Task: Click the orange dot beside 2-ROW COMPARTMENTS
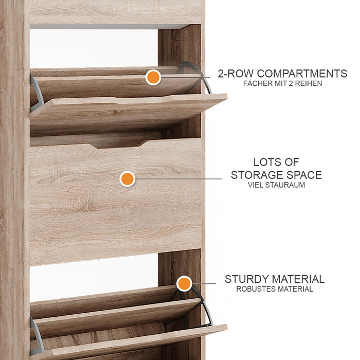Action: pos(153,77)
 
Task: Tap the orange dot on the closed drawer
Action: pos(127,179)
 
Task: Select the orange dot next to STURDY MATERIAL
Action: pos(184,283)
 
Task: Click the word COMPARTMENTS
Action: pos(302,74)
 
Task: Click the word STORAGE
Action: pos(254,175)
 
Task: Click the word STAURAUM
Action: pos(285,185)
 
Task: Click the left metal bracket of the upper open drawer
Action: pos(36,93)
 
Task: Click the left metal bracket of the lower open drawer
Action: pos(37,333)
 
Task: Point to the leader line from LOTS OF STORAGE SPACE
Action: pos(178,179)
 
